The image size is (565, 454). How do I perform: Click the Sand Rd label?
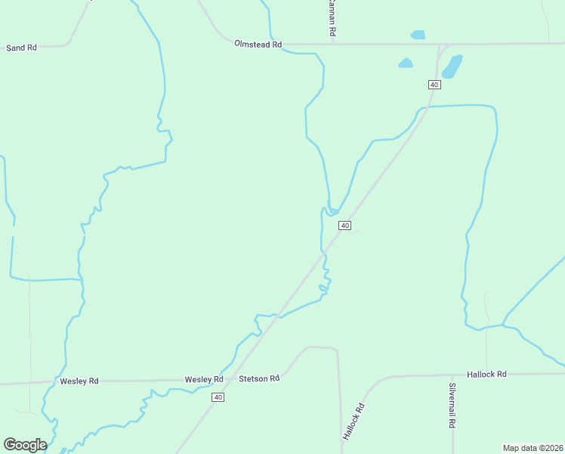point(21,48)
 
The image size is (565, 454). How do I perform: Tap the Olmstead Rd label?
point(258,45)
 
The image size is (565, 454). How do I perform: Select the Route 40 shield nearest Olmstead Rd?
point(434,84)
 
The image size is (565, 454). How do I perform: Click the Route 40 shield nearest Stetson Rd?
point(218,397)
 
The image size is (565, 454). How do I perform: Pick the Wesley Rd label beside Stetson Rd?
point(204,379)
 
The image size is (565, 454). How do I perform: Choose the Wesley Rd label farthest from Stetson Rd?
point(79,381)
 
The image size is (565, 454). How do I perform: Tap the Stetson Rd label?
point(259,378)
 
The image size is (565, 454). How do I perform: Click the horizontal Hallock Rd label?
point(486,374)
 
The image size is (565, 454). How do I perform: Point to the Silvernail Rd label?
point(452,406)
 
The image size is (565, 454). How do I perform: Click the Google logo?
point(25,444)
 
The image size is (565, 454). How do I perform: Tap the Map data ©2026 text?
point(533,448)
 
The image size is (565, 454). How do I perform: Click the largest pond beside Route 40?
point(452,67)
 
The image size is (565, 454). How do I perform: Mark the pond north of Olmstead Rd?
point(418,35)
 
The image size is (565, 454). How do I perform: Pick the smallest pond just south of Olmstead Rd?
point(406,63)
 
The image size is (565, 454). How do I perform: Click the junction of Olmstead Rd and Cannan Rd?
point(333,44)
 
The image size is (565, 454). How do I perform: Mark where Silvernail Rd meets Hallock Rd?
point(452,375)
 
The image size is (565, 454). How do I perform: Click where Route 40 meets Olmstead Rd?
point(439,44)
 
